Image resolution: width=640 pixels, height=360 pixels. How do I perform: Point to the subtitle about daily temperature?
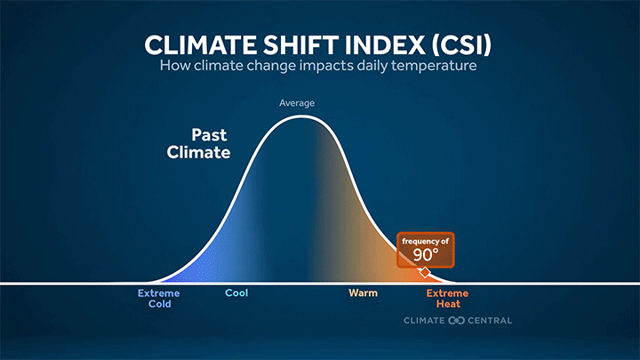pos(320,68)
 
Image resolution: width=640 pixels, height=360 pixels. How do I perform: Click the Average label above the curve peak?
pos(297,103)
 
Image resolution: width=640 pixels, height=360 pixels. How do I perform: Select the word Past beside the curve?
pos(211,136)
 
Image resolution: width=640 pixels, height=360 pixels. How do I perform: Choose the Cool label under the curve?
pos(236,292)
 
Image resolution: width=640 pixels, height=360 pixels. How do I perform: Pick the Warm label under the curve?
pos(363,292)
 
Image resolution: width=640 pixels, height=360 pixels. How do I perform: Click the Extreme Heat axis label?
pos(447,298)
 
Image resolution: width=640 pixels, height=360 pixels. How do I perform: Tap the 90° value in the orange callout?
pos(426,256)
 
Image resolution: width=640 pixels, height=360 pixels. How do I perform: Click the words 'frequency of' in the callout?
pos(426,242)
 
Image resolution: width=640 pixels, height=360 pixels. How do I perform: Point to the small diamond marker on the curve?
pos(425,271)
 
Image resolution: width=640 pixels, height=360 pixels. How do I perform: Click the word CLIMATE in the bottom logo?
pos(424,320)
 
